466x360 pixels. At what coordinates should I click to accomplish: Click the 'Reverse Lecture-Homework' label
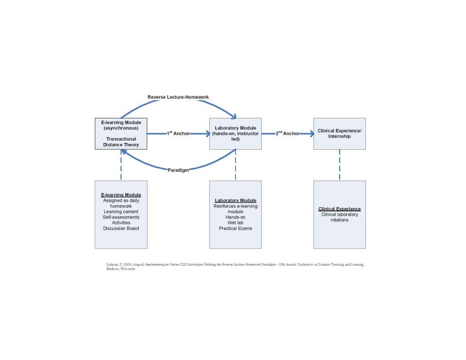(x=178, y=97)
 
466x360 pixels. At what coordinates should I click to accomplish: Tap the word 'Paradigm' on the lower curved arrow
(x=178, y=170)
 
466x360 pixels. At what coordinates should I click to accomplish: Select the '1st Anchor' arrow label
(x=178, y=134)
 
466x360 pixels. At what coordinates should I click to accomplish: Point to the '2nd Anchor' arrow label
(x=287, y=134)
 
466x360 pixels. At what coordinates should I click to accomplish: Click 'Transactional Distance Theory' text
(x=121, y=142)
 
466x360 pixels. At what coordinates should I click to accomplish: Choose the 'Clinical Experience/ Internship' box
(x=339, y=133)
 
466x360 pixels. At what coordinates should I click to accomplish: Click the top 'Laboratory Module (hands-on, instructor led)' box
(x=235, y=133)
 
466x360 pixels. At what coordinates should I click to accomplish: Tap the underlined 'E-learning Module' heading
(x=121, y=195)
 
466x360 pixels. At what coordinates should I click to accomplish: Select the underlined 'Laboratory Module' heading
(x=235, y=200)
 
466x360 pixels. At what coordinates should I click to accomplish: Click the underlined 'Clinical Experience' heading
(x=339, y=209)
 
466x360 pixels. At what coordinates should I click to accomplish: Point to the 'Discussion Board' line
(x=121, y=228)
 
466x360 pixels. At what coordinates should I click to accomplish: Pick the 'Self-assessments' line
(x=121, y=217)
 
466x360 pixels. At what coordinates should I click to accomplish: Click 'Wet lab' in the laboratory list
(x=235, y=223)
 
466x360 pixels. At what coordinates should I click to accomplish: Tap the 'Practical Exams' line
(x=235, y=228)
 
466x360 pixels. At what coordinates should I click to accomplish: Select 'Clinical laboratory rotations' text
(x=339, y=217)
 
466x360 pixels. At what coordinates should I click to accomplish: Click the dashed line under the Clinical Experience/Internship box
(x=339, y=165)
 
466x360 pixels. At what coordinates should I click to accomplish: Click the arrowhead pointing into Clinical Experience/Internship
(x=311, y=134)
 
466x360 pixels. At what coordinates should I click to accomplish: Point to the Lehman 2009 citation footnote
(x=235, y=266)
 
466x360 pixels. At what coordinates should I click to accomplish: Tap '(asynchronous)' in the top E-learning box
(x=121, y=128)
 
